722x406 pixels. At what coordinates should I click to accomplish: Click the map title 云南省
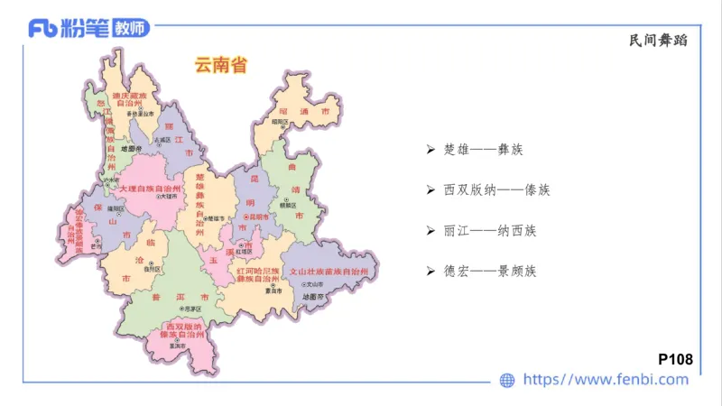(221, 65)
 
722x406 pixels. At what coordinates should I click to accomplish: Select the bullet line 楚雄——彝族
(484, 149)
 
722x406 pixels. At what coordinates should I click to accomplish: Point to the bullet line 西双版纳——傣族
(496, 189)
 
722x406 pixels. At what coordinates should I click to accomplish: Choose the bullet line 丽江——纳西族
(490, 230)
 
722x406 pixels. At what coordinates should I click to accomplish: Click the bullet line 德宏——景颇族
(490, 271)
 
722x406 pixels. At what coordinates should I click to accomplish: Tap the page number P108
(676, 359)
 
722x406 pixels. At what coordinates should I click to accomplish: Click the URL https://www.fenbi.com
(606, 380)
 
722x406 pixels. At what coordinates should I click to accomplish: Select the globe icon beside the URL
(507, 381)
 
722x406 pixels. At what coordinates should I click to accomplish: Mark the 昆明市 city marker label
(259, 217)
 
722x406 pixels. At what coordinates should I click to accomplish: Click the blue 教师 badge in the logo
(131, 28)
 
